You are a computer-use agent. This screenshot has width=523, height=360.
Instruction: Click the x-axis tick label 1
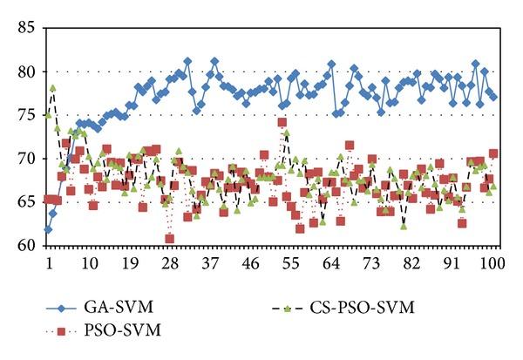pos(49,262)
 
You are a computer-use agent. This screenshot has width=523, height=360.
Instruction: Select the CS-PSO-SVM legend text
pos(368,308)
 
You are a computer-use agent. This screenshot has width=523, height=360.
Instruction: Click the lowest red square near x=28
pos(169,239)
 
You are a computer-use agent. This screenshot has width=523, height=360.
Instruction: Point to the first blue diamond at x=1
pos(48,229)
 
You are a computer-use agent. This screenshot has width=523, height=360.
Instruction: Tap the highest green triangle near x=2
pos(52,88)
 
